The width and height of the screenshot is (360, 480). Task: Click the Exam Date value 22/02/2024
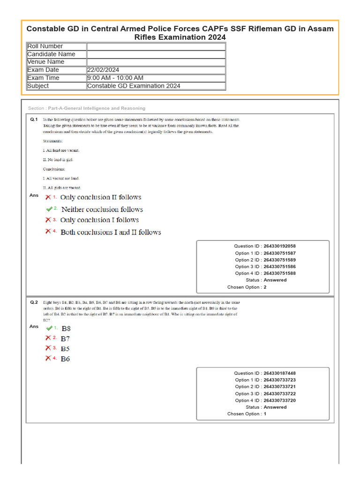click(103, 70)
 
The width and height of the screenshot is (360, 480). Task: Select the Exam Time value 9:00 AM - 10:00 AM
click(115, 78)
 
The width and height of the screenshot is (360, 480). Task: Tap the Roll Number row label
click(45, 46)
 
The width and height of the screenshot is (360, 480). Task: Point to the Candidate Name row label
click(51, 54)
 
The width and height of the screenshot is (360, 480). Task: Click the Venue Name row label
click(46, 62)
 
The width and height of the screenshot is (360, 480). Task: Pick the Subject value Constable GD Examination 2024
click(134, 86)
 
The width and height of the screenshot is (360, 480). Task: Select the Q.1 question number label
click(33, 120)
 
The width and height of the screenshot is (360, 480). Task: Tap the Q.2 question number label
click(33, 303)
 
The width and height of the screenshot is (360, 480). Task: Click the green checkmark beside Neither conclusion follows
click(49, 209)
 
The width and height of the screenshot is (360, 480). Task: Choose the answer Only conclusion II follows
click(101, 197)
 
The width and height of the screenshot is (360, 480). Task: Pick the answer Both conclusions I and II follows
click(111, 232)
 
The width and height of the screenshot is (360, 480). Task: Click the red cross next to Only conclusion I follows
click(48, 220)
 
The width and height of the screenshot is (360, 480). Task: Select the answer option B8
click(66, 329)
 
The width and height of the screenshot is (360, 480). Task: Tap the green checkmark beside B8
click(49, 328)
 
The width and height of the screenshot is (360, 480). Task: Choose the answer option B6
click(66, 359)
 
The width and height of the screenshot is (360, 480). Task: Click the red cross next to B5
click(48, 348)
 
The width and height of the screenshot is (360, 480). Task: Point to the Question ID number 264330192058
click(279, 246)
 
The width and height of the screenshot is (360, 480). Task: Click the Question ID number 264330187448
click(279, 373)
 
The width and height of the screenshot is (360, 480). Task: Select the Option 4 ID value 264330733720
click(279, 400)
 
